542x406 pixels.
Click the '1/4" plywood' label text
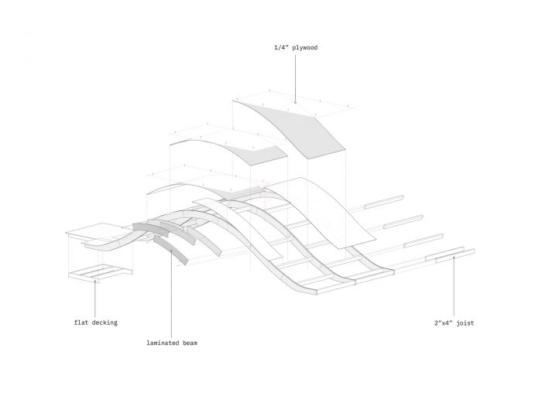point(297,47)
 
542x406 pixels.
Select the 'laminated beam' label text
point(171,341)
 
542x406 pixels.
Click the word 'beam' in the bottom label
point(188,341)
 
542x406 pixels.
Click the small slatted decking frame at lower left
point(99,272)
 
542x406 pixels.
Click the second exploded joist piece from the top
point(403,220)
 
